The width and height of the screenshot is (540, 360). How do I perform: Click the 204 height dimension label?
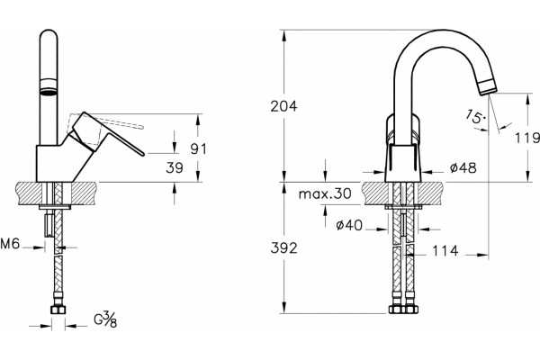pos(283,106)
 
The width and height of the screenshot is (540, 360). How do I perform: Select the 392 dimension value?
pos(283,247)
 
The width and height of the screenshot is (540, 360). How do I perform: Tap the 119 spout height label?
pos(527,138)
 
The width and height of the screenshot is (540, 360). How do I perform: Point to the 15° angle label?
pos(475,117)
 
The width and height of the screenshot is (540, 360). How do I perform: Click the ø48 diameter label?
pos(463,167)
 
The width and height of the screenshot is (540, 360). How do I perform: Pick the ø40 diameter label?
pos(349,225)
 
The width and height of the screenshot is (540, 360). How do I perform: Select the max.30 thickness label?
pos(325,193)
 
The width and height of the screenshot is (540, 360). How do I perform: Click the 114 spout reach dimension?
pos(445,251)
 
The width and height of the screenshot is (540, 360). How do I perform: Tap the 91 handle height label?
pos(199,148)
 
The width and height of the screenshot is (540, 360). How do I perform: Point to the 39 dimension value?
pos(175,167)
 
